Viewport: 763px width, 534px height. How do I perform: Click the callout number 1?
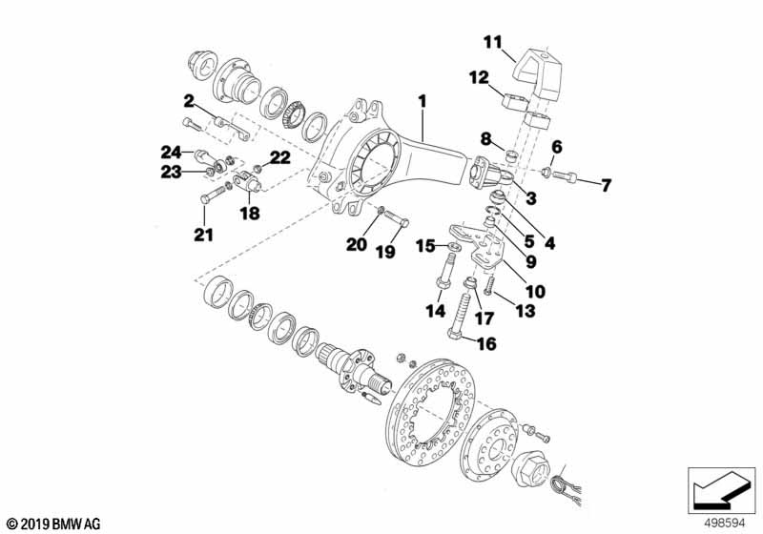click(422, 99)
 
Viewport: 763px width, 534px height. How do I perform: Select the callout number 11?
click(491, 41)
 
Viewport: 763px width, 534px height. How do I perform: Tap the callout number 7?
click(605, 184)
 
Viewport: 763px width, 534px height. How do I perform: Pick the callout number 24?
click(171, 151)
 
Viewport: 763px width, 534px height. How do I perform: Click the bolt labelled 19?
click(397, 221)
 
